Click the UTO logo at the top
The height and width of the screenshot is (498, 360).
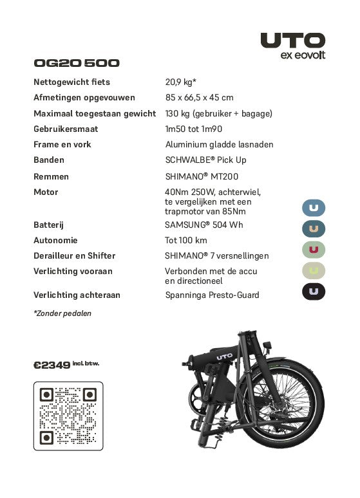click(x=292, y=40)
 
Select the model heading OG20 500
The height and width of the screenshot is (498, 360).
click(x=76, y=63)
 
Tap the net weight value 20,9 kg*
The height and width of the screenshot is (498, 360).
click(x=181, y=82)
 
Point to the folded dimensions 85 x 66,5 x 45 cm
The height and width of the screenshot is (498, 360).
click(x=199, y=98)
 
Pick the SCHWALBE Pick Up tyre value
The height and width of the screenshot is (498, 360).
click(x=205, y=160)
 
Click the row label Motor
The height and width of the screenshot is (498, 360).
click(x=46, y=192)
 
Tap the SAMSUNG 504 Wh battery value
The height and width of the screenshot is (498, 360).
click(x=204, y=225)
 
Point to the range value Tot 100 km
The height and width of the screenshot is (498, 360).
click(x=186, y=241)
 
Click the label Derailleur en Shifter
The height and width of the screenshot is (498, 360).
click(x=74, y=256)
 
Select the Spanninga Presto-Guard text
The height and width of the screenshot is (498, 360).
click(x=212, y=295)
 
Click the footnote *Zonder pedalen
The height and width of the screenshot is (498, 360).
click(x=62, y=313)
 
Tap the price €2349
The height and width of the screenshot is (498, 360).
click(x=52, y=365)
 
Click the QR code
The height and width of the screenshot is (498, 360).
click(x=68, y=416)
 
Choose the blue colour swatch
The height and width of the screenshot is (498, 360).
click(x=314, y=208)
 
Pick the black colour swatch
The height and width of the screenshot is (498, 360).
click(x=314, y=291)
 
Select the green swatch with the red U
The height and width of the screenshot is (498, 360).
click(x=314, y=250)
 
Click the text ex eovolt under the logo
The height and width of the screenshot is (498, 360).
click(x=303, y=55)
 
